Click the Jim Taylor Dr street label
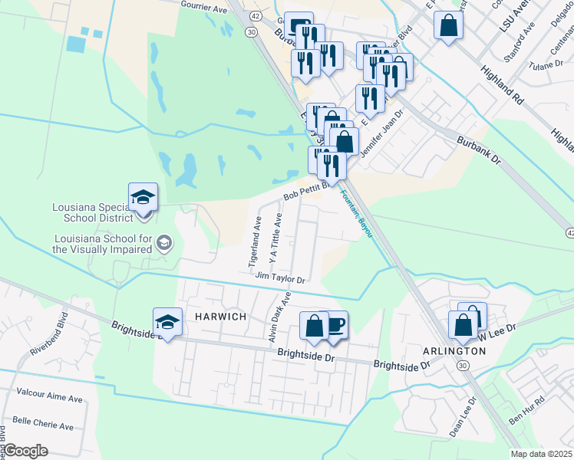click(x=281, y=278)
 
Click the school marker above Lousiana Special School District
click(x=143, y=198)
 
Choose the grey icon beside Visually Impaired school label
click(x=163, y=243)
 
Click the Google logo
click(x=26, y=451)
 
